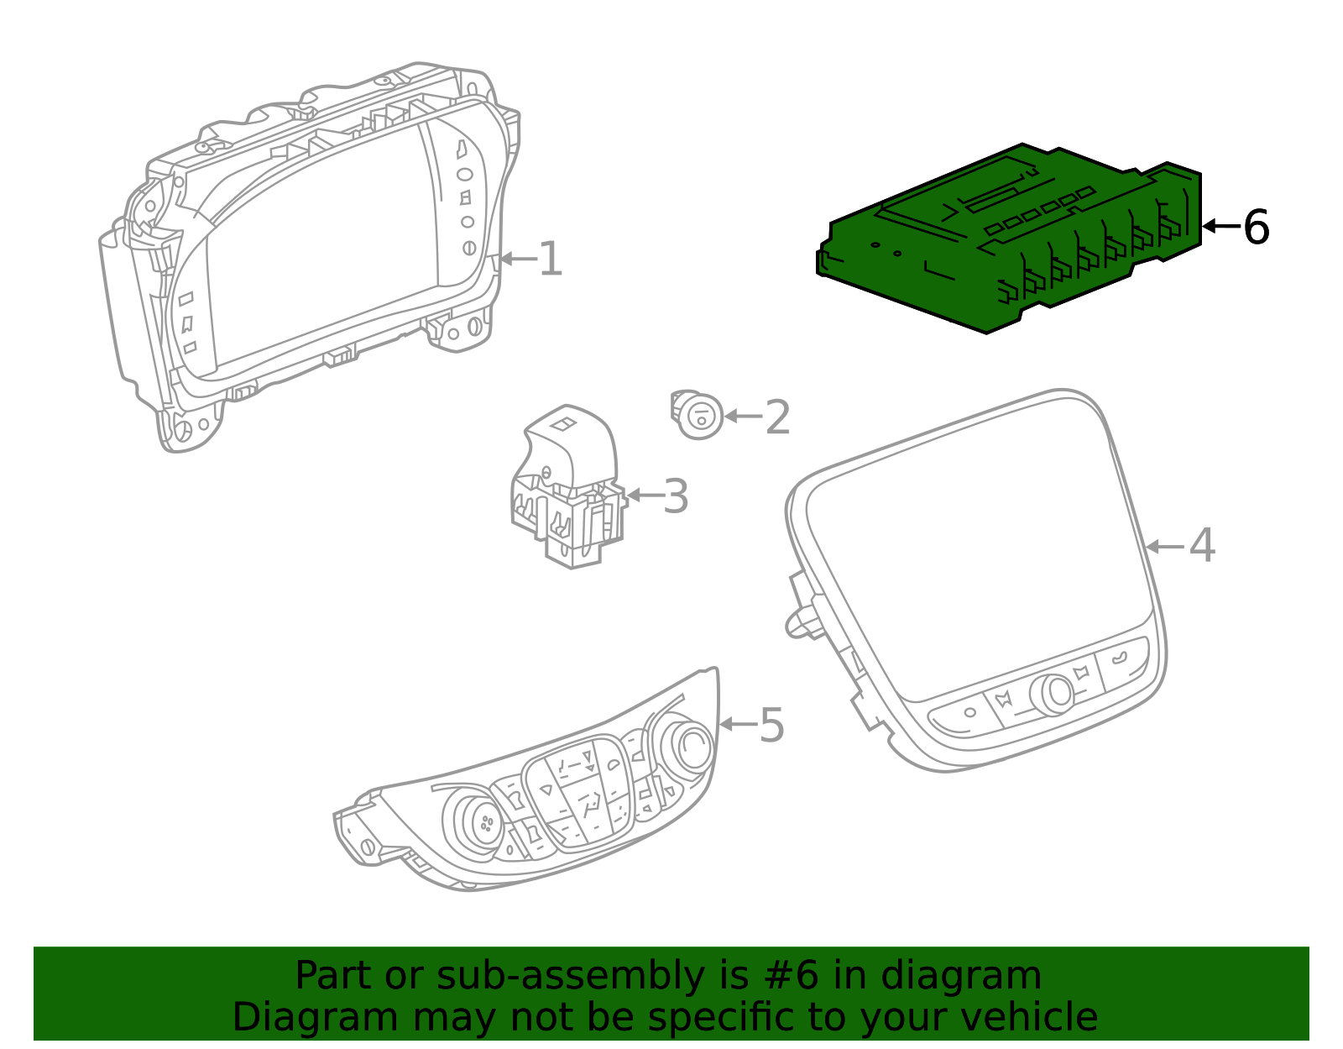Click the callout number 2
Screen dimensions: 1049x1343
(x=778, y=417)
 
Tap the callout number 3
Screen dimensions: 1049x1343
(x=676, y=496)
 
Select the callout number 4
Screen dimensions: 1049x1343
(x=1202, y=546)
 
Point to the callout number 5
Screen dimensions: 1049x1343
(x=771, y=725)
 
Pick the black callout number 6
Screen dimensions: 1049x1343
(x=1256, y=227)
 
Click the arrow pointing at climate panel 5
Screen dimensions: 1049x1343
(x=737, y=724)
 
